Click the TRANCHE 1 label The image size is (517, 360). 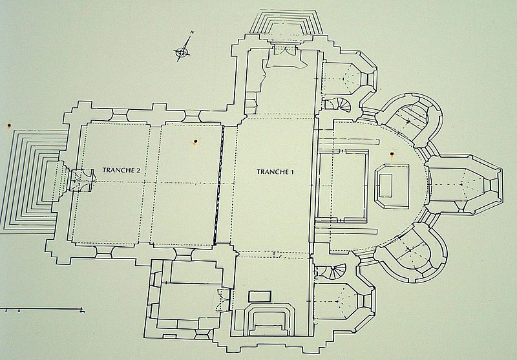click(275, 172)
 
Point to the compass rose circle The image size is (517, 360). click(182, 52)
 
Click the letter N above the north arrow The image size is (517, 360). click(192, 32)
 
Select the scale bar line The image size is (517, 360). click(42, 309)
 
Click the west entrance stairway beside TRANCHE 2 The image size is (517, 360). click(31, 182)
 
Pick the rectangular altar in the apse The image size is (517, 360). click(392, 187)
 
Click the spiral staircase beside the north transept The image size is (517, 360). click(340, 105)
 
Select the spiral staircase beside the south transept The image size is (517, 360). click(333, 271)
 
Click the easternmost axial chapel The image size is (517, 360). click(465, 184)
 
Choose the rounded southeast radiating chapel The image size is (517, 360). click(412, 253)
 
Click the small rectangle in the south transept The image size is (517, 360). click(260, 296)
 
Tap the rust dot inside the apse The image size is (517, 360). click(392, 154)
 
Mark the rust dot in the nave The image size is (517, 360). click(196, 142)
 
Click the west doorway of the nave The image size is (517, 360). click(82, 180)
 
